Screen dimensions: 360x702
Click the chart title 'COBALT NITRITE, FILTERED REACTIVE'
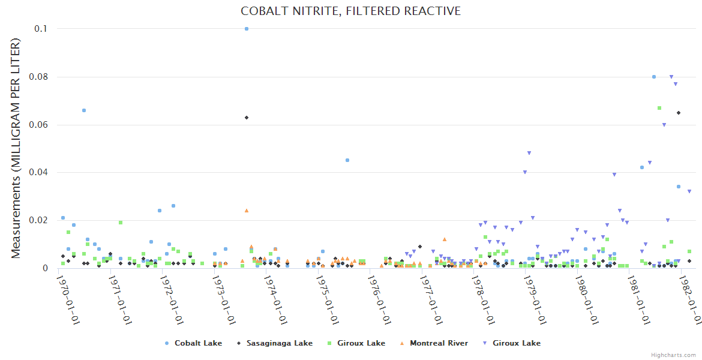[350, 11]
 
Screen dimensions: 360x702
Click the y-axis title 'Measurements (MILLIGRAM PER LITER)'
[16, 148]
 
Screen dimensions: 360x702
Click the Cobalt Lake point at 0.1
[247, 29]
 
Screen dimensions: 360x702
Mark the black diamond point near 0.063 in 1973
[247, 118]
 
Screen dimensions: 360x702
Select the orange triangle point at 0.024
[247, 211]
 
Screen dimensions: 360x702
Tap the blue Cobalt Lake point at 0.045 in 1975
[347, 160]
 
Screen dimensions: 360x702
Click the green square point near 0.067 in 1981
[659, 108]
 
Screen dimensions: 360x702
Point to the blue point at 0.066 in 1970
[84, 110]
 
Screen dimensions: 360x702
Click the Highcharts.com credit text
[674, 355]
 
